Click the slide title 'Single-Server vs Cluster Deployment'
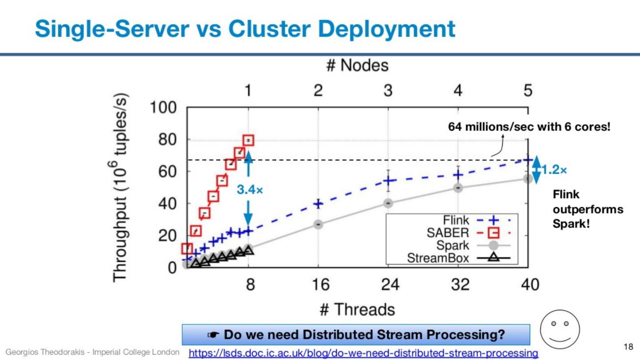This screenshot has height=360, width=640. coord(245,29)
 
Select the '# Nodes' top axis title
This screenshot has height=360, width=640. coord(357,65)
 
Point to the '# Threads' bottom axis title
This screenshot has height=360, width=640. coord(357,309)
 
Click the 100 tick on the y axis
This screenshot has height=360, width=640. coord(163,108)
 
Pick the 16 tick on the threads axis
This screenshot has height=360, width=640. coord(318,284)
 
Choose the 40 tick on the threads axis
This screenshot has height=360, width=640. coord(528,284)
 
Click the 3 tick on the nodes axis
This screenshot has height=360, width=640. coord(388,91)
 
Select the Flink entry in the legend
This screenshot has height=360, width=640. coord(456,220)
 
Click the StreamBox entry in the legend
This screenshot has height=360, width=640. coord(438,258)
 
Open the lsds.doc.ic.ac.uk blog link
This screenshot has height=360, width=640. coord(363,353)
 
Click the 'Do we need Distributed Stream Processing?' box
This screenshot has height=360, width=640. coord(356,335)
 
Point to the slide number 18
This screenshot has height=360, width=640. coord(628,346)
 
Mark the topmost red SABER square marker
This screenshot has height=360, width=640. coord(248,140)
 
